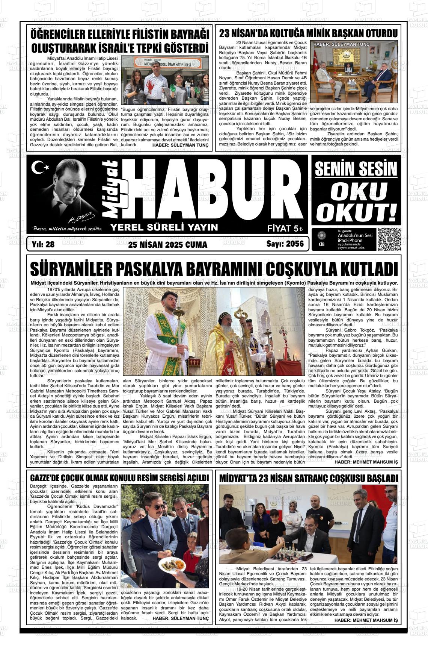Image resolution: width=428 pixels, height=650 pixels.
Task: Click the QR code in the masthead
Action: (389, 239)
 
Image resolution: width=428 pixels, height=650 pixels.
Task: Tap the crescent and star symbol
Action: (38, 168)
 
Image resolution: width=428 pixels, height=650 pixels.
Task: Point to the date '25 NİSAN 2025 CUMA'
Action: (162, 245)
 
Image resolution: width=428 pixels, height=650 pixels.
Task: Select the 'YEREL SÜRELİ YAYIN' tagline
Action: (164, 227)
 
